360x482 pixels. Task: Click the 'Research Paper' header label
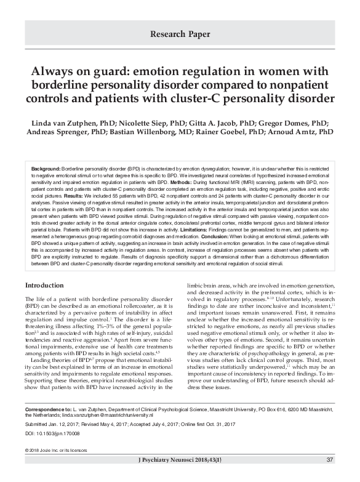click(180, 34)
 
